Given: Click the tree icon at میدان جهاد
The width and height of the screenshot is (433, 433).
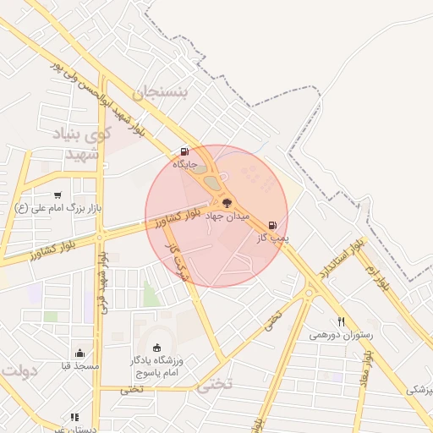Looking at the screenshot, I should click(227, 202).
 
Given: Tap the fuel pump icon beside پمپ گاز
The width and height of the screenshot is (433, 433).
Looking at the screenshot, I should click(271, 226).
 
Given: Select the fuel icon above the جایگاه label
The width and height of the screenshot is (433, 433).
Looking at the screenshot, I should click(184, 152).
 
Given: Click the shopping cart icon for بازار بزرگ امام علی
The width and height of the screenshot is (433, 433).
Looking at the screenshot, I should click(58, 195).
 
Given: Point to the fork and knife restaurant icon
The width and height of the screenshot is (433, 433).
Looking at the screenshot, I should click(342, 321).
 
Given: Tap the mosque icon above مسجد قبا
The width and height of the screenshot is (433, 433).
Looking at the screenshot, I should click(79, 354).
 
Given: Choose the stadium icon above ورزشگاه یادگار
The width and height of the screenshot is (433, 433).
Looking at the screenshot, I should click(156, 347).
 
